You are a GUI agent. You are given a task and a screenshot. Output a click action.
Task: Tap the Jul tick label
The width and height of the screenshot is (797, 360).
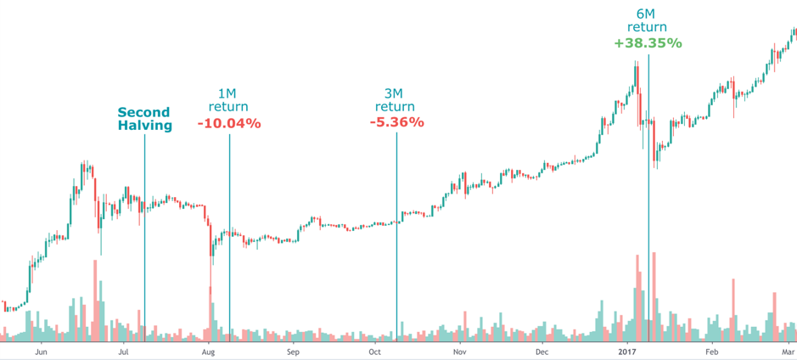[x=124, y=350]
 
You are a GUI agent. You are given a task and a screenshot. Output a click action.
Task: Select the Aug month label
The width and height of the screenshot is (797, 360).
[x=208, y=350]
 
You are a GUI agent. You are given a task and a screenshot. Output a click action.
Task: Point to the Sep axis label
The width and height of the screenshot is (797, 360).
[x=293, y=350]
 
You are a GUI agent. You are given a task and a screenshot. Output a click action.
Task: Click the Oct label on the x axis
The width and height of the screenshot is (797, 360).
[x=374, y=350]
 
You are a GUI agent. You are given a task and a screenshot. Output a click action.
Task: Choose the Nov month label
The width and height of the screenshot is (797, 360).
[x=459, y=350]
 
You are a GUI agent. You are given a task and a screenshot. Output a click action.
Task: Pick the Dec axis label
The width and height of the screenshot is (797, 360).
[x=542, y=350]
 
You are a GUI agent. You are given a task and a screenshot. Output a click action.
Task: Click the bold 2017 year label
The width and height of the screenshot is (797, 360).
[x=626, y=350]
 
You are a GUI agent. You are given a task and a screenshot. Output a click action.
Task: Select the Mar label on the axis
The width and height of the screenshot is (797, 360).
[x=787, y=350]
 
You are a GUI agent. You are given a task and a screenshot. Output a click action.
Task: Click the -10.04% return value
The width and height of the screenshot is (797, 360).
[x=229, y=124]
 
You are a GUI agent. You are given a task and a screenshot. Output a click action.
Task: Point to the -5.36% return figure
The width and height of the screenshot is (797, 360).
[x=396, y=123]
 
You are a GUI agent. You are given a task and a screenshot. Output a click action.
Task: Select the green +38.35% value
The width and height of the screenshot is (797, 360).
[x=648, y=42]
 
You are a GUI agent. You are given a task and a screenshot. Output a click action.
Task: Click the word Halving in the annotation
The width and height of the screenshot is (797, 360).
[x=144, y=126]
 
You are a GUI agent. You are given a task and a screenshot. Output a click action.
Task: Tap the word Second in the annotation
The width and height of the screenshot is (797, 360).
[x=143, y=112]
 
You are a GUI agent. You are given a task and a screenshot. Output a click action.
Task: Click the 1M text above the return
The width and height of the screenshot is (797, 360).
[x=228, y=93]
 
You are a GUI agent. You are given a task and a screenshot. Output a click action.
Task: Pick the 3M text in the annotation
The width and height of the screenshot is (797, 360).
[x=396, y=93]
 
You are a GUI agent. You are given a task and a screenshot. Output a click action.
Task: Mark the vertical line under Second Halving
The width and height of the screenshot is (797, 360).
[x=144, y=238]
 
